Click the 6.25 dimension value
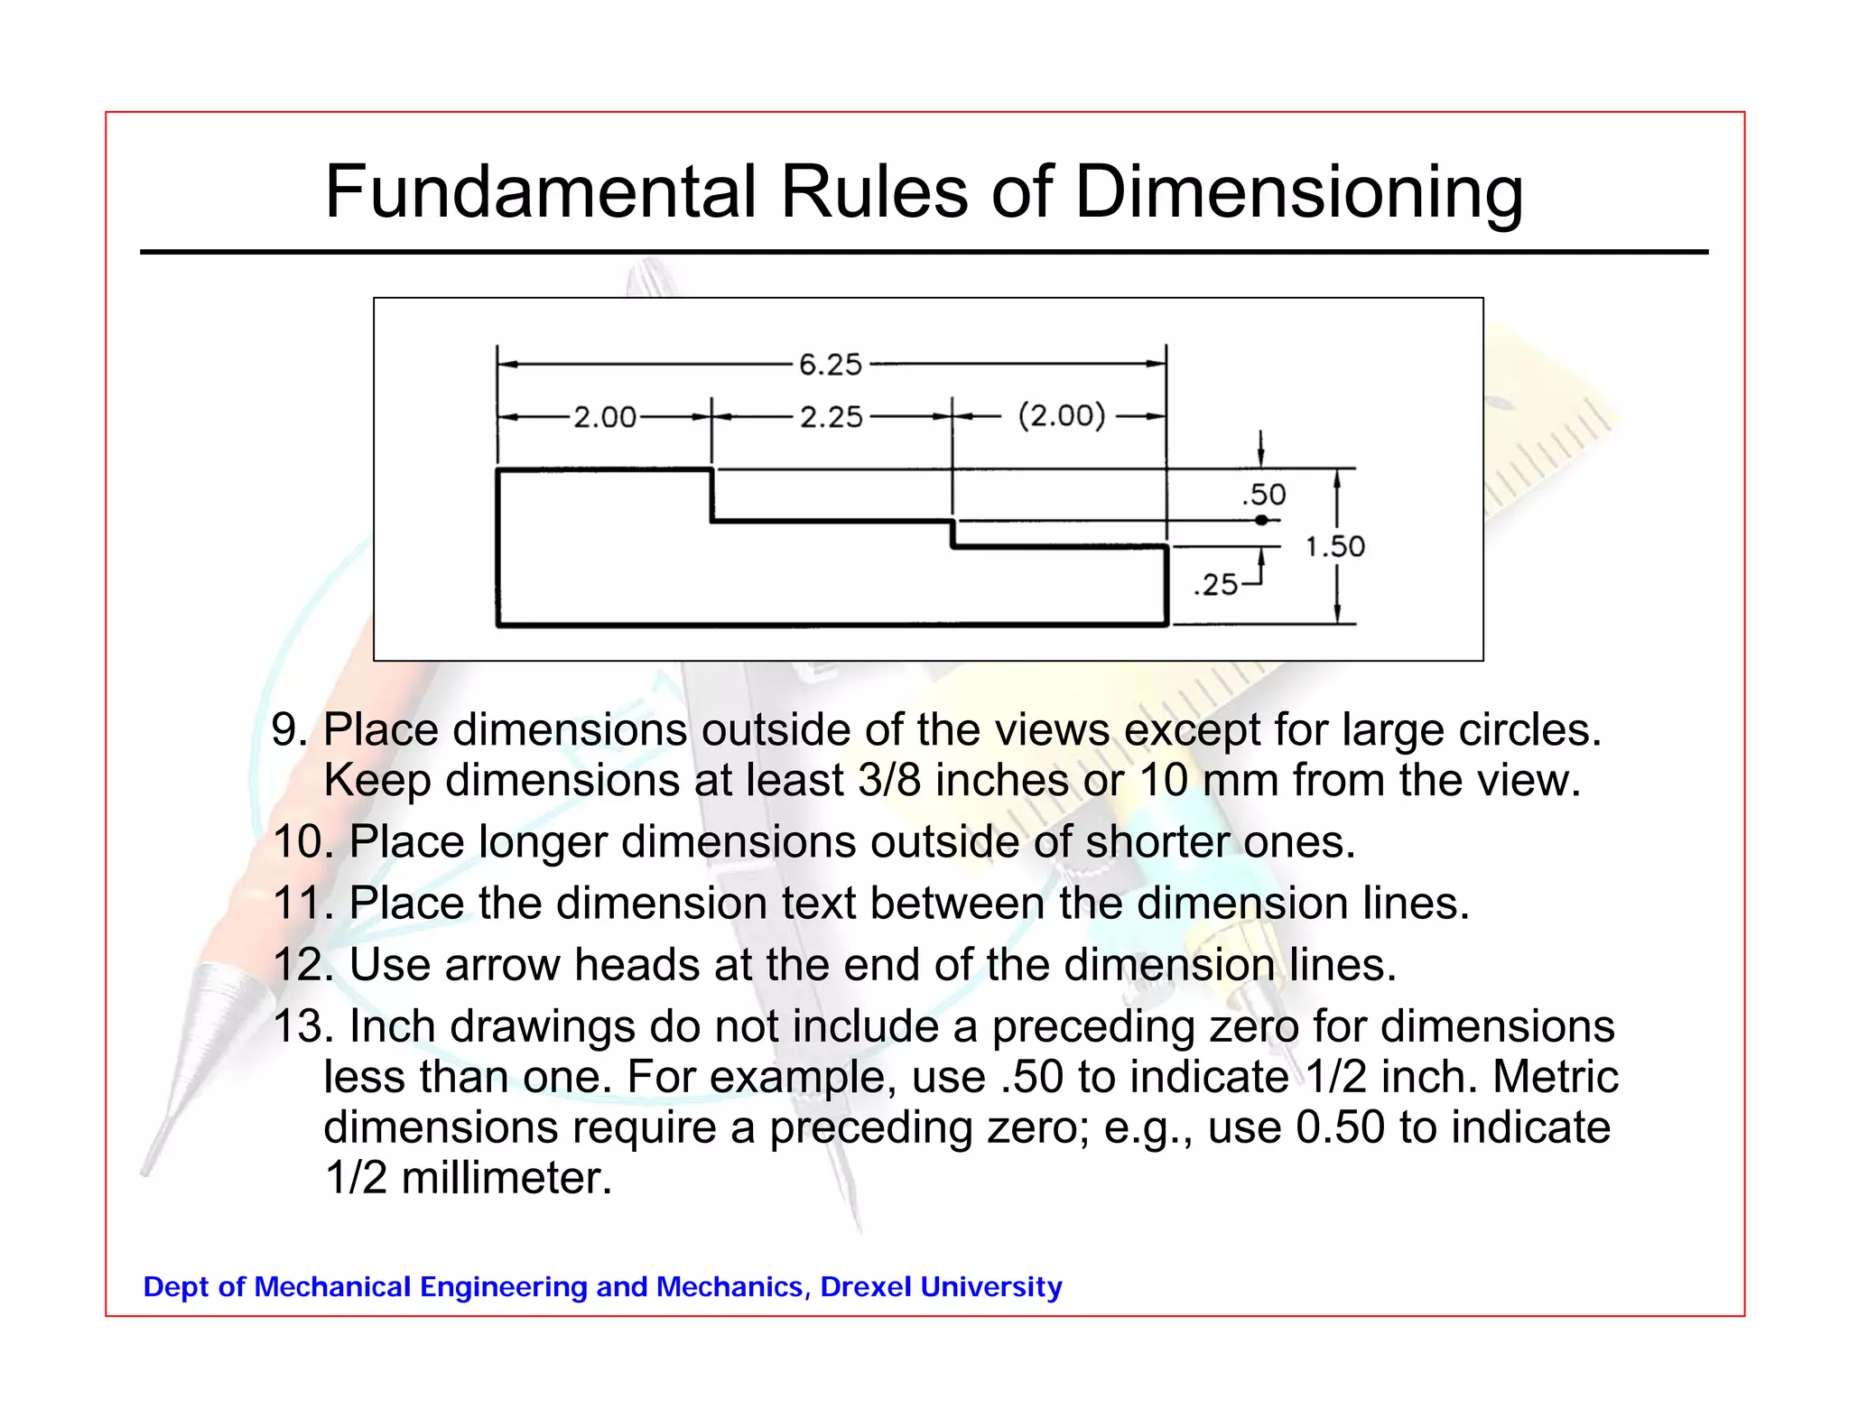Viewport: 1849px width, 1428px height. pyautogui.click(x=831, y=365)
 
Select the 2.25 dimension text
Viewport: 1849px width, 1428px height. pyautogui.click(x=832, y=417)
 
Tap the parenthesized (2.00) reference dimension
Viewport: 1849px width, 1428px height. pyautogui.click(x=1062, y=416)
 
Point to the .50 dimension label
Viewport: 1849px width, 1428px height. pyautogui.click(x=1263, y=495)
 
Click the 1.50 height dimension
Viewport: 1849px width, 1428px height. pyautogui.click(x=1335, y=546)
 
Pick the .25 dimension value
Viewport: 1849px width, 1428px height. pyautogui.click(x=1215, y=585)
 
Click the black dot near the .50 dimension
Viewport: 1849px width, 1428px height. pyautogui.click(x=1261, y=520)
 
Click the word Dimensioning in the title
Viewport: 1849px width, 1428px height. pyautogui.click(x=1299, y=193)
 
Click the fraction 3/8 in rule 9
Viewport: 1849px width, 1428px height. pyautogui.click(x=889, y=780)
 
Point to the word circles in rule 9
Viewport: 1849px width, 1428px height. pyautogui.click(x=1529, y=729)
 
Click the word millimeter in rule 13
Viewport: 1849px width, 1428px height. pyautogui.click(x=506, y=1178)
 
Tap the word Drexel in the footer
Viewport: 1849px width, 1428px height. pyautogui.click(x=865, y=1286)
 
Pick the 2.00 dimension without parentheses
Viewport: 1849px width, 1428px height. pyautogui.click(x=605, y=417)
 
